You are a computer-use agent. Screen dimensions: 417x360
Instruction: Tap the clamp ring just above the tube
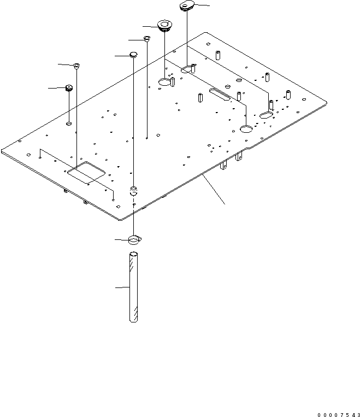pyautogui.click(x=135, y=239)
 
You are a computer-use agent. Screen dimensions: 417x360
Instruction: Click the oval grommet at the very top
pyautogui.click(x=186, y=6)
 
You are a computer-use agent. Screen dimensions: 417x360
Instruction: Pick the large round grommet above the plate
pyautogui.click(x=163, y=26)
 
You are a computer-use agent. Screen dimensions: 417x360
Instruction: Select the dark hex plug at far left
pyautogui.click(x=69, y=88)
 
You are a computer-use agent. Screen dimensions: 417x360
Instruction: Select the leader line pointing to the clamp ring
pyautogui.click(x=121, y=240)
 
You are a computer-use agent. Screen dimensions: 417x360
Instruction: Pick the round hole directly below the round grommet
pyautogui.click(x=166, y=83)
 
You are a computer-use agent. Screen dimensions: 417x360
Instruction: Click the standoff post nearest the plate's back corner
pyautogui.click(x=217, y=55)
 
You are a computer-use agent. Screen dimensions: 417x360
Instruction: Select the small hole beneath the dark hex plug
pyautogui.click(x=69, y=124)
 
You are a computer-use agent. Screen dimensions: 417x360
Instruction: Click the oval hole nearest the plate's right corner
pyautogui.click(x=267, y=115)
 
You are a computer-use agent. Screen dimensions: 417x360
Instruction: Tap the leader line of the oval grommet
pyautogui.click(x=200, y=5)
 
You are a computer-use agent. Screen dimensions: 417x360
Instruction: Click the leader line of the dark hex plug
pyautogui.click(x=56, y=87)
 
